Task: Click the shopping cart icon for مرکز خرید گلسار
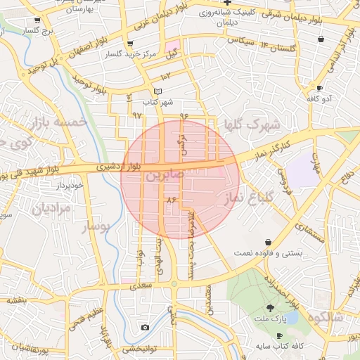130,44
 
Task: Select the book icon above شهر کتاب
158,91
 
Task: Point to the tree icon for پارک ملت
271,308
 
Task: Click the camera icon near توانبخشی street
145,328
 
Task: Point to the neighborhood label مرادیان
52,208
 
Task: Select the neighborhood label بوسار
97,226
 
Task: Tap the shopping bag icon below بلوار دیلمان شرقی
321,39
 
